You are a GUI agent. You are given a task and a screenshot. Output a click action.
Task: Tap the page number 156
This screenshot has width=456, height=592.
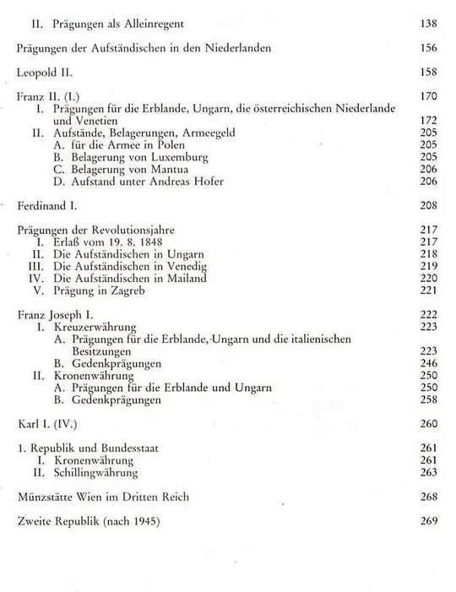point(429,49)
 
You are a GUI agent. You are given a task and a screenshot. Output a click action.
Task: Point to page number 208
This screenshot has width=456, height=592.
point(429,205)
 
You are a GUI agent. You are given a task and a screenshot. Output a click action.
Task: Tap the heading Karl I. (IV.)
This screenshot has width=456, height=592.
point(48,423)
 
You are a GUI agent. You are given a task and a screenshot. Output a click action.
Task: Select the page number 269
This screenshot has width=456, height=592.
point(429,521)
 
